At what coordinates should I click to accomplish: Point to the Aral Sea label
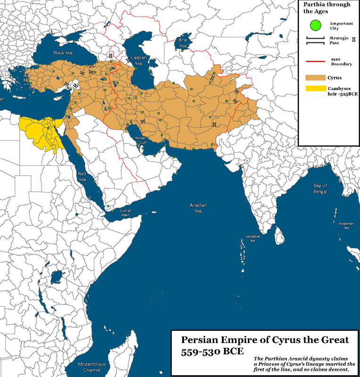[x=183, y=43]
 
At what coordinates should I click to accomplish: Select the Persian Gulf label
[x=142, y=139]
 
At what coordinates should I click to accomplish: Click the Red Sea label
[x=83, y=176]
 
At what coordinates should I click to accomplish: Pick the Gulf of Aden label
[x=125, y=212]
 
